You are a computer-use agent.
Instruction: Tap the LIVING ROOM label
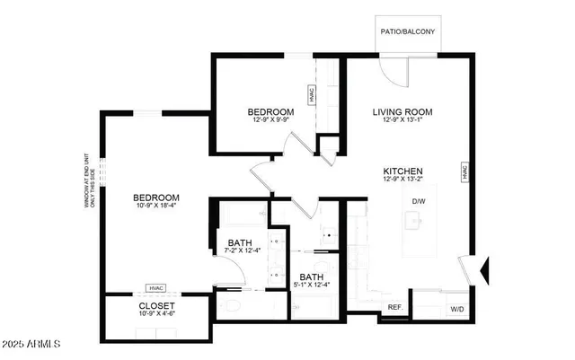click(403, 112)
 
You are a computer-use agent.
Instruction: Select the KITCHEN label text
click(403, 171)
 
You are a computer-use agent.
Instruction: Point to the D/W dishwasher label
click(418, 201)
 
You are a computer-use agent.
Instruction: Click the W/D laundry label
click(457, 309)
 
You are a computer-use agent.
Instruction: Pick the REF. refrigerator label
click(394, 308)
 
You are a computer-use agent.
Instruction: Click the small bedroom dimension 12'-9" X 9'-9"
click(270, 122)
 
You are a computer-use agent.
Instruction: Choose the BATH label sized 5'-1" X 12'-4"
click(311, 277)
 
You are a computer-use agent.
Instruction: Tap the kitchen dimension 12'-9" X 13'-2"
click(403, 180)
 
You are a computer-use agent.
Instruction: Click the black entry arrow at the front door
click(487, 268)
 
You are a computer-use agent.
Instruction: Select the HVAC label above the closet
click(155, 289)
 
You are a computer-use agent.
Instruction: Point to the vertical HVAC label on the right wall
click(465, 171)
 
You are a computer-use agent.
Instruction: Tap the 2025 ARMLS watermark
click(31, 346)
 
